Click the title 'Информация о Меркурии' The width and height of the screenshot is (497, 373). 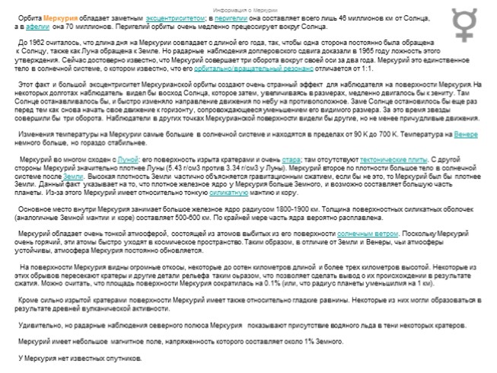pyautogui.click(x=249, y=8)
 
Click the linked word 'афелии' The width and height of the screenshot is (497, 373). pyautogui.click(x=38, y=25)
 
